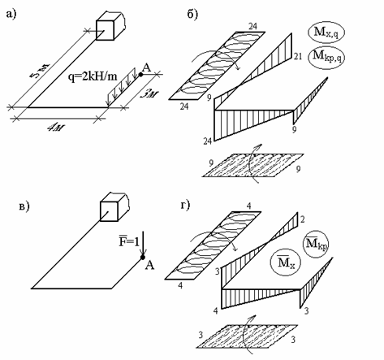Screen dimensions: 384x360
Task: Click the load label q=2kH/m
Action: pos(93,77)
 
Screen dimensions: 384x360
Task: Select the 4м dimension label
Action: pos(56,128)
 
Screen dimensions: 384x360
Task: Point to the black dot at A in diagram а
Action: pos(140,74)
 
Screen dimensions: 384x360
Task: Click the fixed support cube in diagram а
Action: pos(110,26)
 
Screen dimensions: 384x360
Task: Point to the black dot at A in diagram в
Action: pos(143,257)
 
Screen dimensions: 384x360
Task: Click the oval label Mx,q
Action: pos(326,33)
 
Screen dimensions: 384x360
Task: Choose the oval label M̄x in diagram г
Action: pos(286,262)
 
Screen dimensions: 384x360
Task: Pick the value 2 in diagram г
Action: pos(302,219)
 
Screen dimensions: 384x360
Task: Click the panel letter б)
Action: pos(192,14)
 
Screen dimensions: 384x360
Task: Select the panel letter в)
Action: pos(24,207)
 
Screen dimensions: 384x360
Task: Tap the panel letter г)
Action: pos(185,205)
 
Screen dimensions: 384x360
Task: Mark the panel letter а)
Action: pos(11,14)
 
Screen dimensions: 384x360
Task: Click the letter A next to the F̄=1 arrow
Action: pos(149,265)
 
